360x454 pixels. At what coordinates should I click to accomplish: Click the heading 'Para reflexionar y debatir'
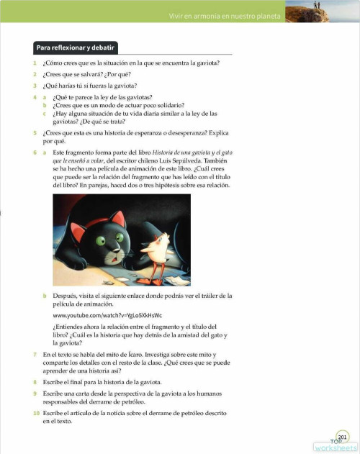pyautogui.click(x=76, y=48)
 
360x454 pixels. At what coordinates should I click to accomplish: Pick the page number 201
pyautogui.click(x=343, y=435)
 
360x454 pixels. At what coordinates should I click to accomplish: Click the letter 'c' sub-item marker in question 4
pyautogui.click(x=45, y=114)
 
